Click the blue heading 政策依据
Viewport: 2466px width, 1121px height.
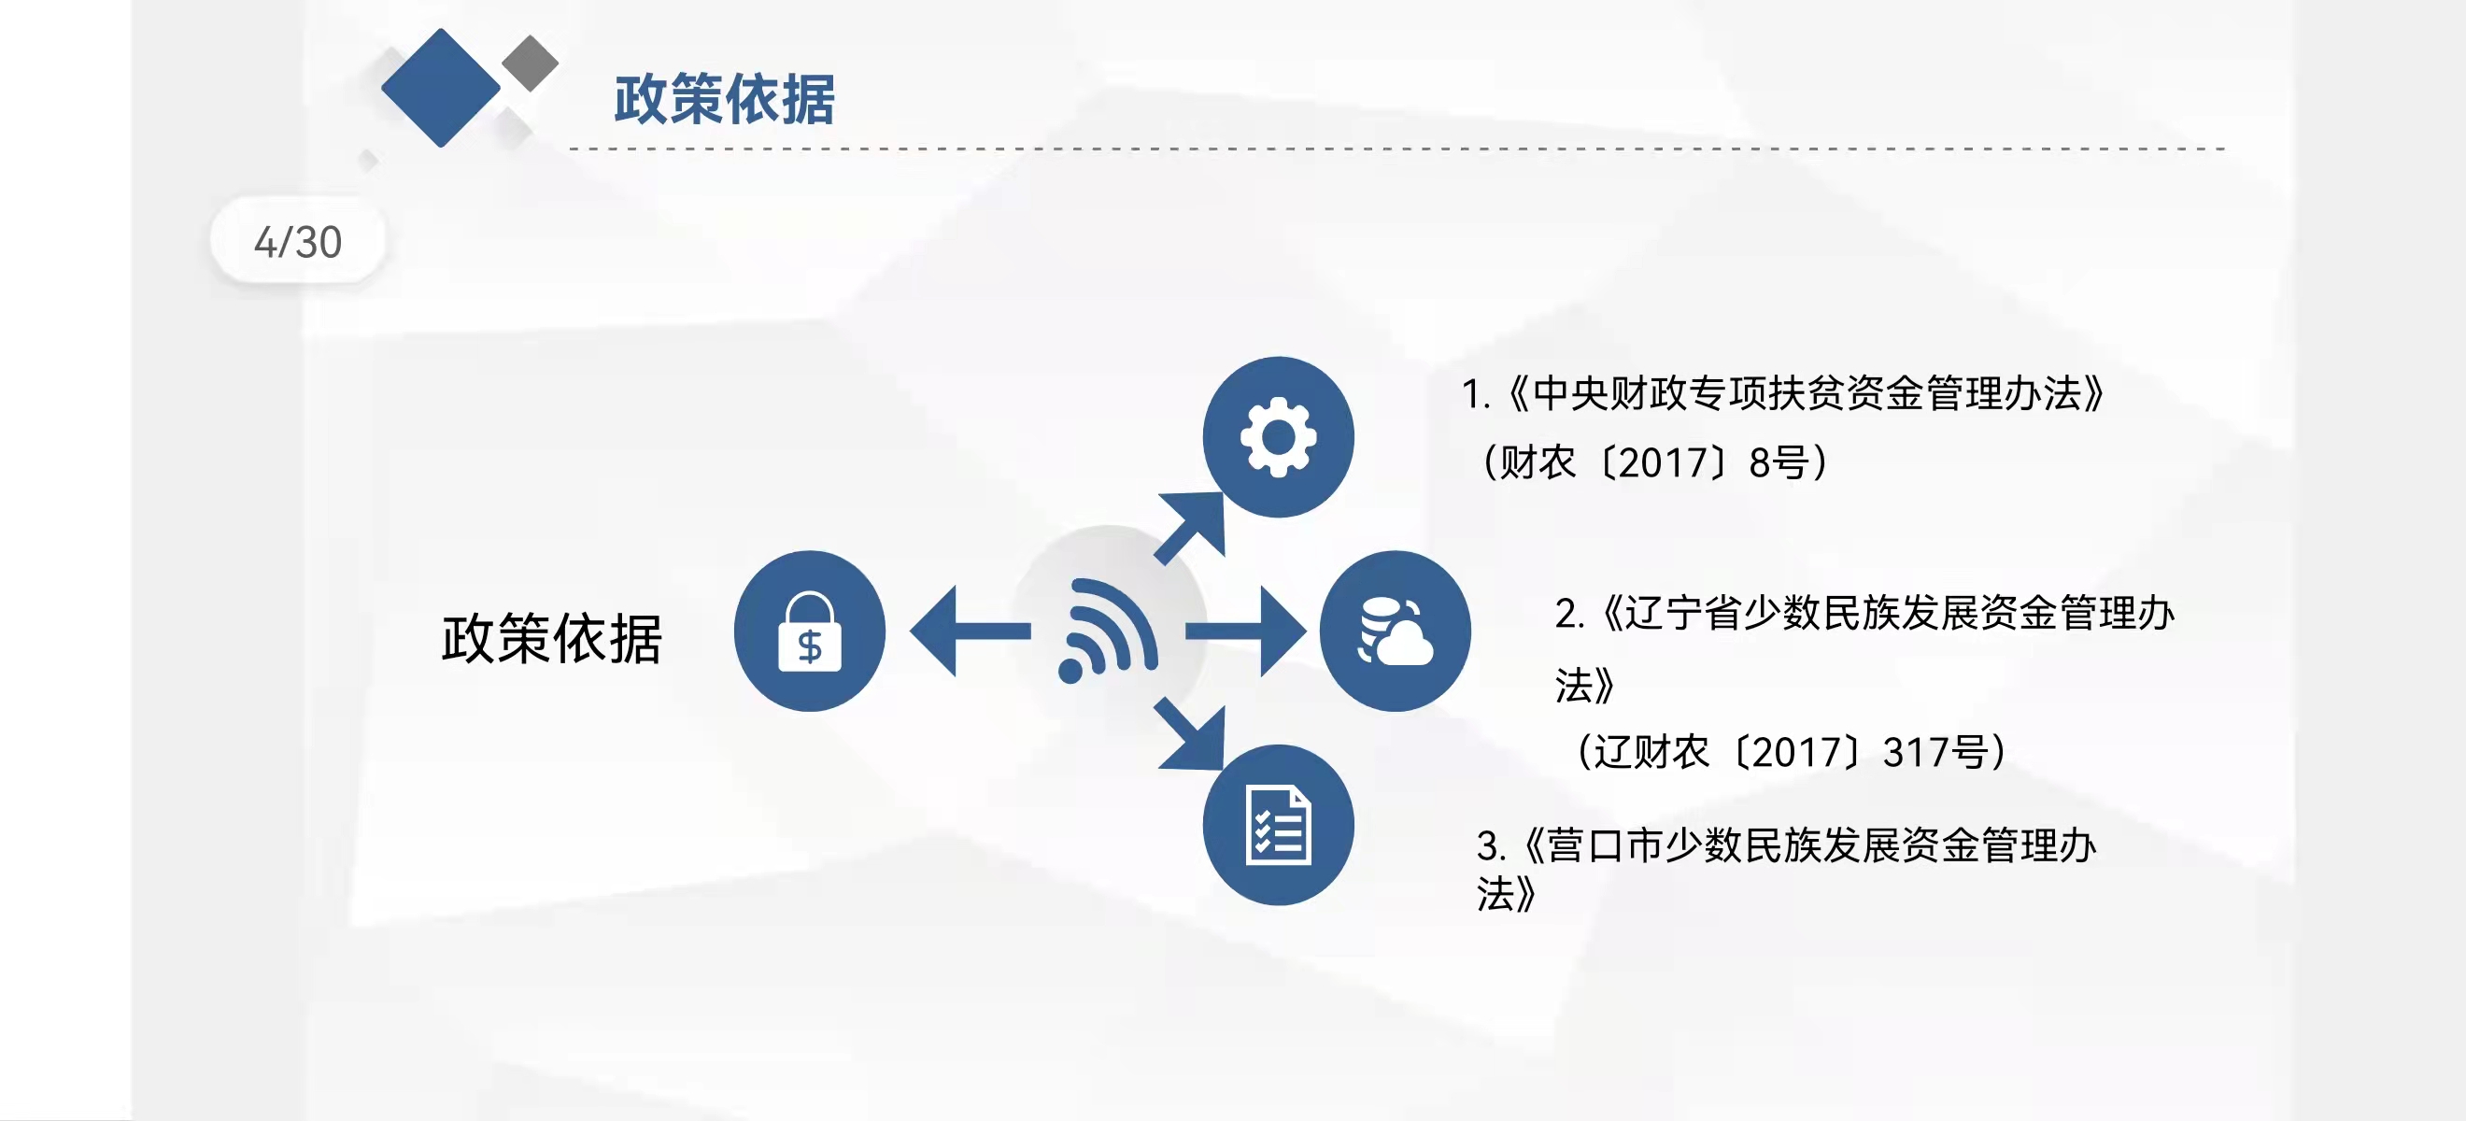724,100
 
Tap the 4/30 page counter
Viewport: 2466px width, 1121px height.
298,242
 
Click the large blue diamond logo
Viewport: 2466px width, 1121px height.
440,88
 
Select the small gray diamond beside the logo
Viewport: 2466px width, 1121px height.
530,64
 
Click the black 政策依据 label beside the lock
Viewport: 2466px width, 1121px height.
551,639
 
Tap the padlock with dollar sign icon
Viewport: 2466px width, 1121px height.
810,631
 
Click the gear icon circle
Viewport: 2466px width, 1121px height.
1278,437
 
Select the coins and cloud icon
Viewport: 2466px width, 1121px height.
1395,631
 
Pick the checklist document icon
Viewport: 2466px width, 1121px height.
1278,825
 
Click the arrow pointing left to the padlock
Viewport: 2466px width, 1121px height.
970,631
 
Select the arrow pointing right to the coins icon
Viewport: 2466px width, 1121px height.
1245,631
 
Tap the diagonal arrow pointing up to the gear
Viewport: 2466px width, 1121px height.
1190,528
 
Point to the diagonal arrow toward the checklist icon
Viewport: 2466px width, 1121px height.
1190,734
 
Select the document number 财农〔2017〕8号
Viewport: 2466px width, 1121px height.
1654,463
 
